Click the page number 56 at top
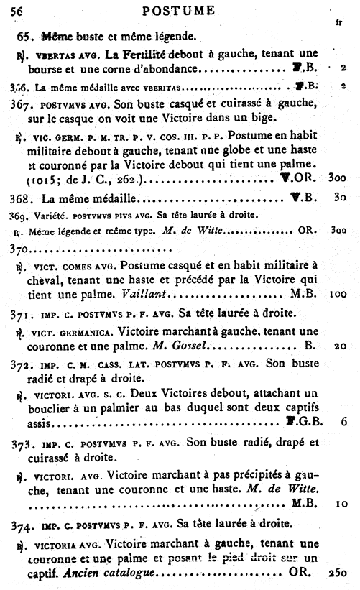17,9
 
